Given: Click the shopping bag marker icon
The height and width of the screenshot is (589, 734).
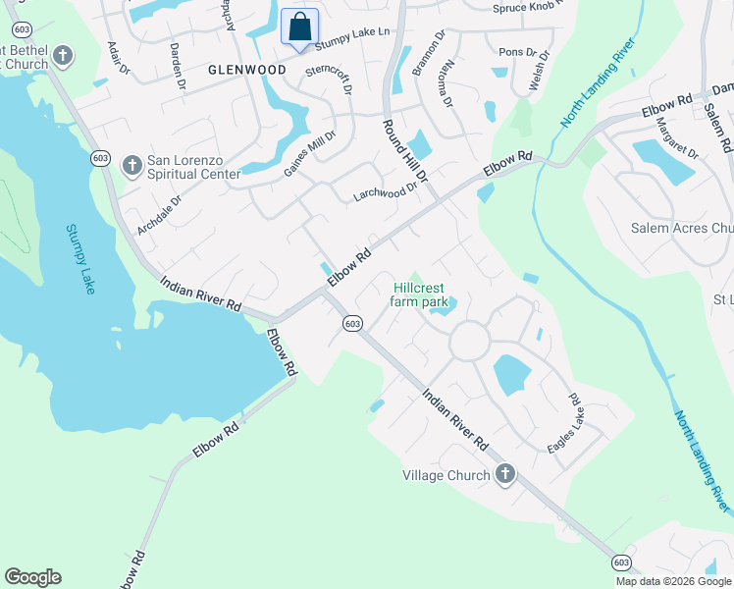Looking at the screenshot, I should tap(300, 27).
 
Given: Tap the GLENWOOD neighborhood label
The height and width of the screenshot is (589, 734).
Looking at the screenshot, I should tap(246, 70).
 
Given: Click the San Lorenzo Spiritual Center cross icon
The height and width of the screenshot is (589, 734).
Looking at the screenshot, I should tap(131, 167).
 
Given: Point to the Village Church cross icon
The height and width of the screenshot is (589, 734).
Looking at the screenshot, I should tap(505, 475).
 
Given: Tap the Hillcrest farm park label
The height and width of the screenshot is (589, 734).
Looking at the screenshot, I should tap(420, 294).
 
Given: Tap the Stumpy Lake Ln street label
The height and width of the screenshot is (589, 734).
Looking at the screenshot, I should tap(351, 32).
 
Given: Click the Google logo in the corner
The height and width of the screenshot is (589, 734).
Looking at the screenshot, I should tap(32, 577).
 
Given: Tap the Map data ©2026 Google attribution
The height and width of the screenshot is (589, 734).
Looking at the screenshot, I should tap(672, 581).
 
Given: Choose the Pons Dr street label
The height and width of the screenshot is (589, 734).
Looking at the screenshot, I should tap(518, 52).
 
